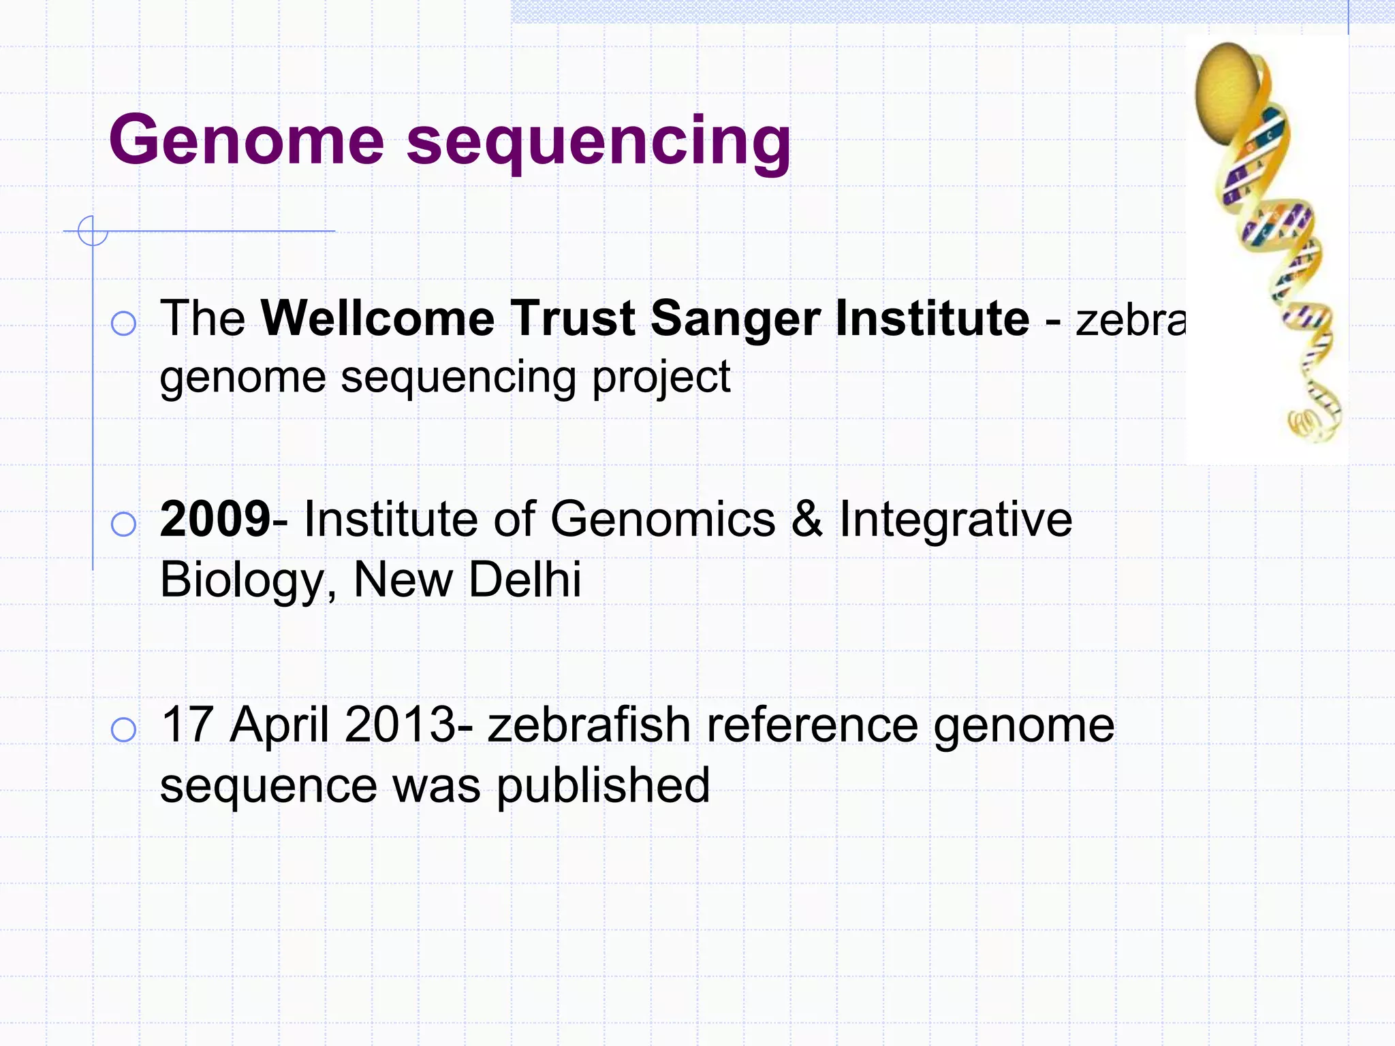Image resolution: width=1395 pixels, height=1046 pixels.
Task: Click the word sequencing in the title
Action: [599, 143]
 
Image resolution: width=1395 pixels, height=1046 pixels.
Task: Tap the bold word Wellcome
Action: [378, 318]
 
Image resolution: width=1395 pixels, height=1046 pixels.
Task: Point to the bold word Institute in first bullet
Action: [932, 318]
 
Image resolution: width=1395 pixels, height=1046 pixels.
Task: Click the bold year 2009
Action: [215, 519]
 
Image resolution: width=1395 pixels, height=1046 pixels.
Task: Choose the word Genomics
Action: [663, 519]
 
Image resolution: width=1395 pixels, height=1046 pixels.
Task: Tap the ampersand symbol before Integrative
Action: [807, 519]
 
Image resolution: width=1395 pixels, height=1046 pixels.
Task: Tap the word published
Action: [603, 786]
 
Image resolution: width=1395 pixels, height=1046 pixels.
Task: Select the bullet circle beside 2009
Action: [123, 524]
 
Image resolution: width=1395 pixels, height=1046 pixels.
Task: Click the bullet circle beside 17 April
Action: [123, 729]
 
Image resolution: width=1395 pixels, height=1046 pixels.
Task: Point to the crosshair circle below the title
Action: [93, 231]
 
